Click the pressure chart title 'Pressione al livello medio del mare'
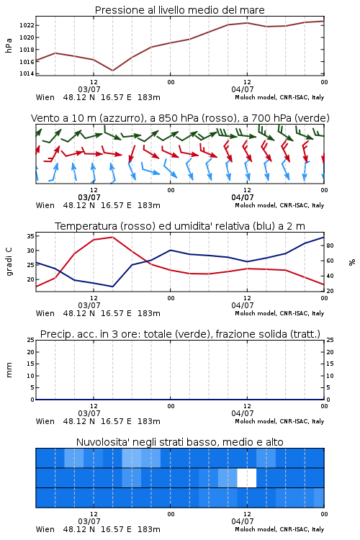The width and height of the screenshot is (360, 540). (179, 10)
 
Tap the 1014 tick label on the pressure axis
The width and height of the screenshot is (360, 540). (26, 73)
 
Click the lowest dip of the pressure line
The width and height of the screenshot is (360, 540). (112, 71)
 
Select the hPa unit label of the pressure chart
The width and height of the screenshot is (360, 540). (9, 45)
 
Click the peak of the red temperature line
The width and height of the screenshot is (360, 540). (112, 237)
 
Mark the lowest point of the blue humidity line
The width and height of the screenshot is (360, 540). (112, 287)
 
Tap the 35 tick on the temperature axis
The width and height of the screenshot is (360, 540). (30, 236)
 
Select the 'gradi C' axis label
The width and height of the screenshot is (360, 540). (9, 261)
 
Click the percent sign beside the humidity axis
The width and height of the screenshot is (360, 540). (352, 262)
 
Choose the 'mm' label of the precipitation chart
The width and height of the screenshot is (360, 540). (9, 369)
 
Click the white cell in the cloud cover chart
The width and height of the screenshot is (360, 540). (247, 477)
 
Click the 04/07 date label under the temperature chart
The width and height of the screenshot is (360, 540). (243, 305)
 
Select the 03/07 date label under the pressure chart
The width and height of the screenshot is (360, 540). (89, 89)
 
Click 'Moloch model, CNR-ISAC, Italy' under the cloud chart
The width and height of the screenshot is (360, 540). (279, 529)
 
